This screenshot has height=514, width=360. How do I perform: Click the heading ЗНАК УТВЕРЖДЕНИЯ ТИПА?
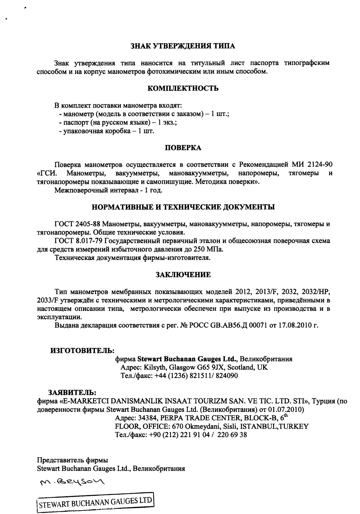[183, 46]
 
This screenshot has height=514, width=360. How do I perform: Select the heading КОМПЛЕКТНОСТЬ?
[183, 88]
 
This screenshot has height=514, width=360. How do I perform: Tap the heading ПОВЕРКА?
[183, 148]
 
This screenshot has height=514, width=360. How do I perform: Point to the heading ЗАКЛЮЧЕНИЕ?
[183, 274]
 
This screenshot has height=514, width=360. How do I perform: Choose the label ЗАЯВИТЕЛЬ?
[72, 392]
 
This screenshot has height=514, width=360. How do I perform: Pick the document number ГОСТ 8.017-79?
[79, 241]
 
